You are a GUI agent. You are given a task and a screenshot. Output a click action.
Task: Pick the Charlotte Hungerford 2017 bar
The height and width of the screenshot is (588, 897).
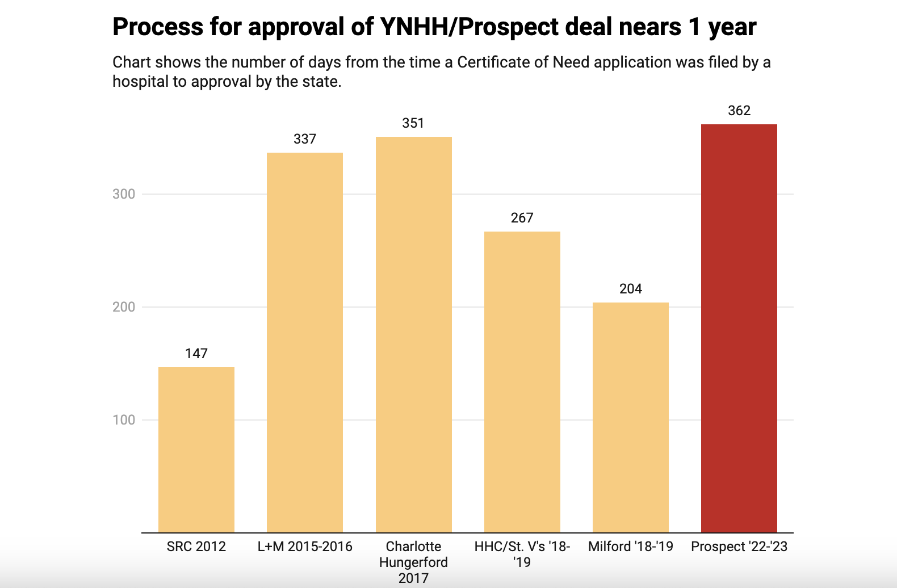tap(413, 334)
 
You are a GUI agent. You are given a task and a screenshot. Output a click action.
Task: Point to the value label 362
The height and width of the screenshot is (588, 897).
tap(739, 111)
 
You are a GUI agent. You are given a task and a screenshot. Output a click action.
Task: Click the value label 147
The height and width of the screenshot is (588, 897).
tap(196, 354)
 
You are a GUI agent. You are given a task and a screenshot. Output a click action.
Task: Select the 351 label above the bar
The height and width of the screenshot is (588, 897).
tap(413, 123)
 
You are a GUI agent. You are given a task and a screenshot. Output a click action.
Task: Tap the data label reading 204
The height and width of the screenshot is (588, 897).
tap(630, 289)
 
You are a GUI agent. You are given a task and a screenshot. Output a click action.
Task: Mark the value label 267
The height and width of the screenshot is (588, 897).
tap(522, 218)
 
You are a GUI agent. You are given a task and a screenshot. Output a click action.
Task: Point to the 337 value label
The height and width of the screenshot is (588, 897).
tap(305, 139)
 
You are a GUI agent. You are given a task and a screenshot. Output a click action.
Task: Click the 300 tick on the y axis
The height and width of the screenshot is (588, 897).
tap(124, 194)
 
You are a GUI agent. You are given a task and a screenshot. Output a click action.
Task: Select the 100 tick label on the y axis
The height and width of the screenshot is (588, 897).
tap(124, 420)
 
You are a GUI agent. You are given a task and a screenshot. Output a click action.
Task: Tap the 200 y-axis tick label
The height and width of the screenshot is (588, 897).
tap(124, 307)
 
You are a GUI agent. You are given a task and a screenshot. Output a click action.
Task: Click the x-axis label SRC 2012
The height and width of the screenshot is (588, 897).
tap(196, 547)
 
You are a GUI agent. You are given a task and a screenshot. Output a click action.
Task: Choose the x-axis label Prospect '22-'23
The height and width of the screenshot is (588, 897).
tap(739, 547)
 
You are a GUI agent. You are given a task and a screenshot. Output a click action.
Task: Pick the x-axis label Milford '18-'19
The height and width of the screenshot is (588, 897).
tap(630, 547)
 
